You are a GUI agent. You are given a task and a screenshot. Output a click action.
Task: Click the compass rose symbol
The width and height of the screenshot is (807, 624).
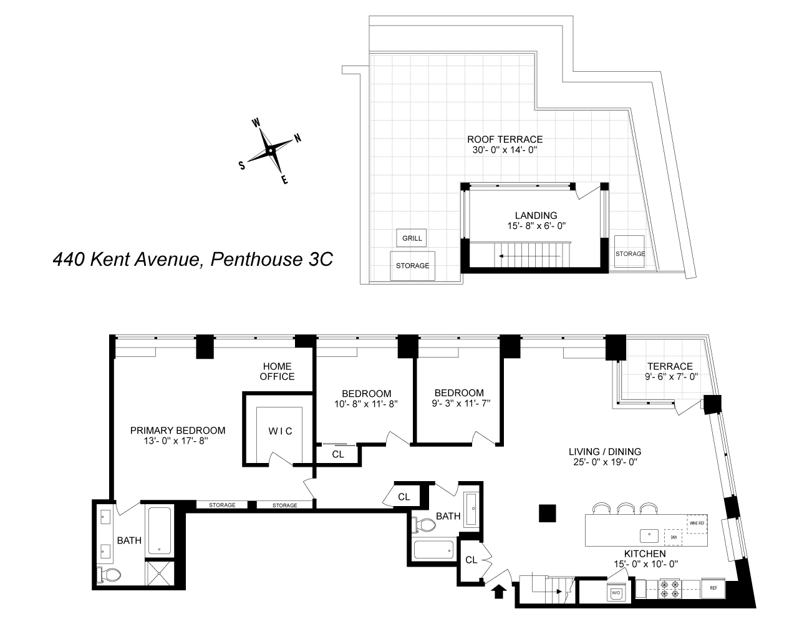[269, 150]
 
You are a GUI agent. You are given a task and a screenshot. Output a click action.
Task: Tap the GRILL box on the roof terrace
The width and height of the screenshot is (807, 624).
[412, 238]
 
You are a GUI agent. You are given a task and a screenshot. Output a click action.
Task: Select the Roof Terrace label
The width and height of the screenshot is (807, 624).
[505, 139]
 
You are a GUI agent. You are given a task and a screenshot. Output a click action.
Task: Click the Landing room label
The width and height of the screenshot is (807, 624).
[536, 216]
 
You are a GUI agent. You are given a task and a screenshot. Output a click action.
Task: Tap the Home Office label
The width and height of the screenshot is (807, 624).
[278, 371]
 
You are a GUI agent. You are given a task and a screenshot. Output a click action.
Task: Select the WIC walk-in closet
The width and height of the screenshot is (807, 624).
[280, 431]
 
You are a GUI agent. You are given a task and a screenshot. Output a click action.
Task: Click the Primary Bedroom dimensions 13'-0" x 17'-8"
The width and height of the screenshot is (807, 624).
[177, 442]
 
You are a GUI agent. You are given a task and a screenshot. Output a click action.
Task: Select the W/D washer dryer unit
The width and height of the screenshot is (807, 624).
[616, 592]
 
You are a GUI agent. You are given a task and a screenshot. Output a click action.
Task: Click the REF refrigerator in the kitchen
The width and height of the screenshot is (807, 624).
[713, 588]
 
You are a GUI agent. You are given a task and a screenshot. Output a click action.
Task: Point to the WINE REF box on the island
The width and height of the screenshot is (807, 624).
[696, 523]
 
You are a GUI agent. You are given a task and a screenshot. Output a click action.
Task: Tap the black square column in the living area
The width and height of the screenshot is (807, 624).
[548, 513]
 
